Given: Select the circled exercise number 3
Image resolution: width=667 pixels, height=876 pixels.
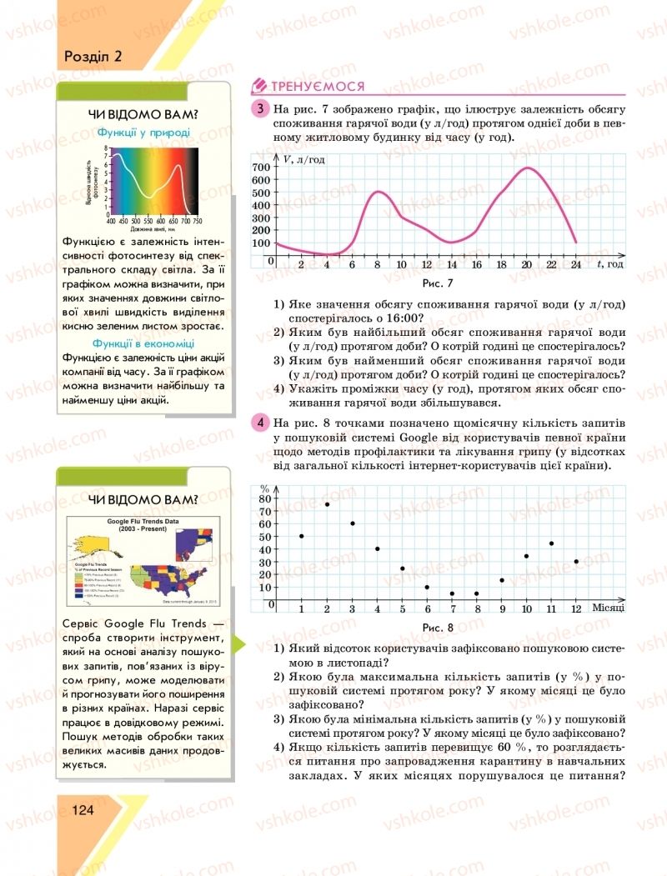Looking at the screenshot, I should (x=261, y=108).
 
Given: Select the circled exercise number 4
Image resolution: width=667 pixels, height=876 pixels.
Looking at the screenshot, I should (x=261, y=422).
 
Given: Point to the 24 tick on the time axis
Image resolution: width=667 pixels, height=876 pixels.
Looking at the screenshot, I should (x=576, y=264).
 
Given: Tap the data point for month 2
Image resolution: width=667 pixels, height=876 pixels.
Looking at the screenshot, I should (x=327, y=504).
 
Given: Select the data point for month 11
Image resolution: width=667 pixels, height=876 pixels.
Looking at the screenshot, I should (x=551, y=543).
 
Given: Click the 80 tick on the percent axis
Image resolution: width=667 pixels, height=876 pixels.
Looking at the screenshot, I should (x=265, y=498).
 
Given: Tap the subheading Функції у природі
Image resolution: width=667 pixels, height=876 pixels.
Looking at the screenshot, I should (x=143, y=132).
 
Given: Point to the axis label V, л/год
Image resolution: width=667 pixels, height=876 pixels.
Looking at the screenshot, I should (x=303, y=158).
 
